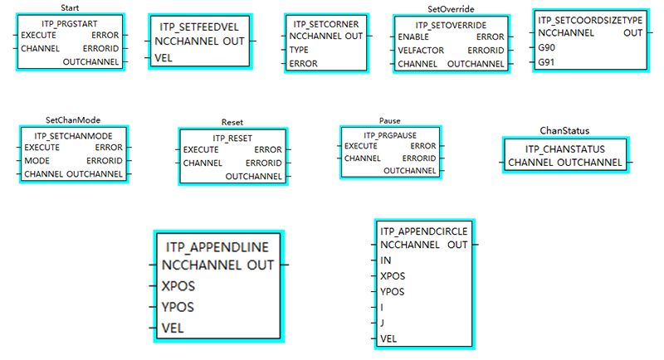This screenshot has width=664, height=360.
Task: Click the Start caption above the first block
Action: tap(70, 8)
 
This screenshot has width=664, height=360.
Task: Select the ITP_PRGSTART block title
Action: tap(70, 22)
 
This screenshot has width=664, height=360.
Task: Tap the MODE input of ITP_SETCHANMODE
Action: tap(37, 160)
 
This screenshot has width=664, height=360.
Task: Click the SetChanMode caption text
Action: tap(73, 119)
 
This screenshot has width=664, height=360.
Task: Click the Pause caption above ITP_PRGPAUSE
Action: tap(389, 120)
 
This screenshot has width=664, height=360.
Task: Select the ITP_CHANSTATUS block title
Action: tap(564, 148)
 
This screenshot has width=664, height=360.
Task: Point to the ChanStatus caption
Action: tap(564, 130)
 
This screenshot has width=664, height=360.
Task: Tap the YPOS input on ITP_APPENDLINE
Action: tap(178, 306)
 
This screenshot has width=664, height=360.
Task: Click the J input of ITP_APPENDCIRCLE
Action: tap(382, 323)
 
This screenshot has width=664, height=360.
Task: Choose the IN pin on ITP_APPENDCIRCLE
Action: tap(385, 260)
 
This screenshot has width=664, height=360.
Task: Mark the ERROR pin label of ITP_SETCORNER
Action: tap(304, 63)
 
